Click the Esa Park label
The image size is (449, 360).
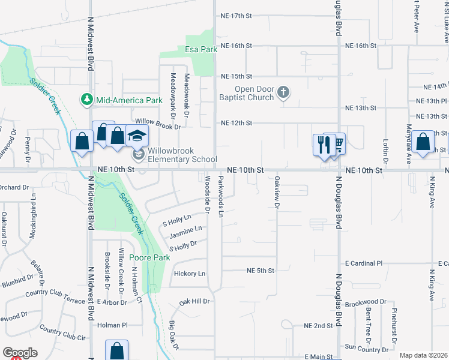pos(200,49)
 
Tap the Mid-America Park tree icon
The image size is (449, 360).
pos(87,99)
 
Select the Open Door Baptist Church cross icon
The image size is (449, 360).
pos(284,92)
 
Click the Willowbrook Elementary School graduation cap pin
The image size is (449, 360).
pos(137,136)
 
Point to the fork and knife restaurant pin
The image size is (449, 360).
pos(323,144)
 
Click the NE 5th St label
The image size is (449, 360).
pos(261,271)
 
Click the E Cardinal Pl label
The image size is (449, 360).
pos(364,263)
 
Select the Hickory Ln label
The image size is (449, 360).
pos(189,274)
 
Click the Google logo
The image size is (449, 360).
pos(19,353)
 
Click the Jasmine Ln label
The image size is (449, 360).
pos(185,229)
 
